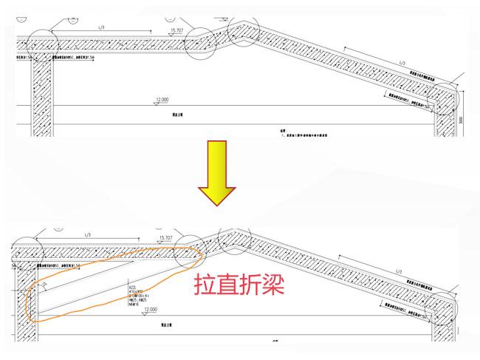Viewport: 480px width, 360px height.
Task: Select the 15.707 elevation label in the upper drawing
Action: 177,31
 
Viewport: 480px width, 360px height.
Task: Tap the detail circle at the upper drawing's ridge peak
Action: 244,30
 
